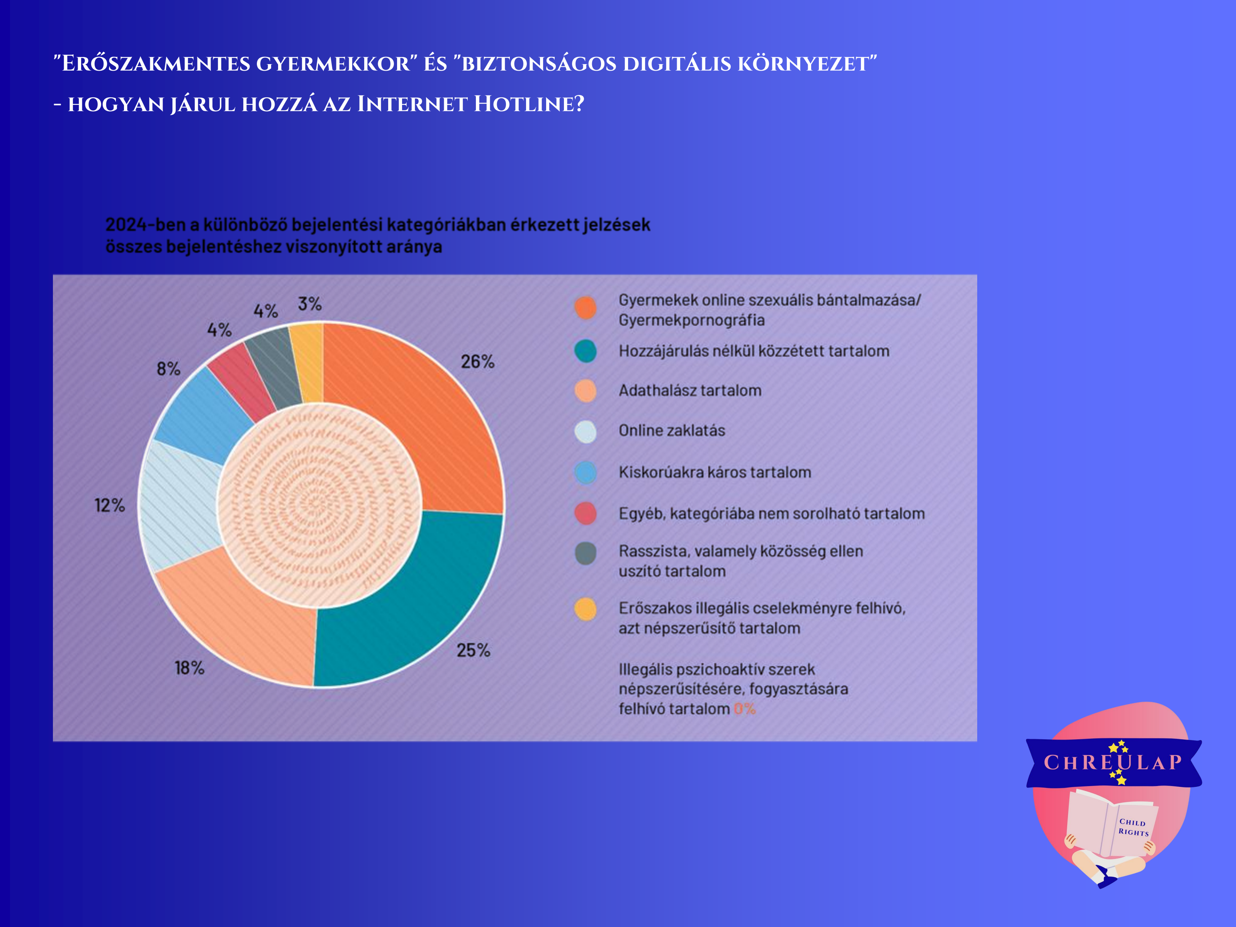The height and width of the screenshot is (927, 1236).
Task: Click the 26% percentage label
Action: tap(477, 362)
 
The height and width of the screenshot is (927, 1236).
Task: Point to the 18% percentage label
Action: tap(189, 668)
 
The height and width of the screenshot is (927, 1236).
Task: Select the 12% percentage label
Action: tap(110, 506)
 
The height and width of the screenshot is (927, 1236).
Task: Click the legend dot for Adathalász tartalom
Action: tap(586, 390)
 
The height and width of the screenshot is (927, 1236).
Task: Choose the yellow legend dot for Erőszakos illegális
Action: tap(586, 609)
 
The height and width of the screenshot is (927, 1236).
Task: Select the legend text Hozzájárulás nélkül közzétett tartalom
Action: tap(754, 351)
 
